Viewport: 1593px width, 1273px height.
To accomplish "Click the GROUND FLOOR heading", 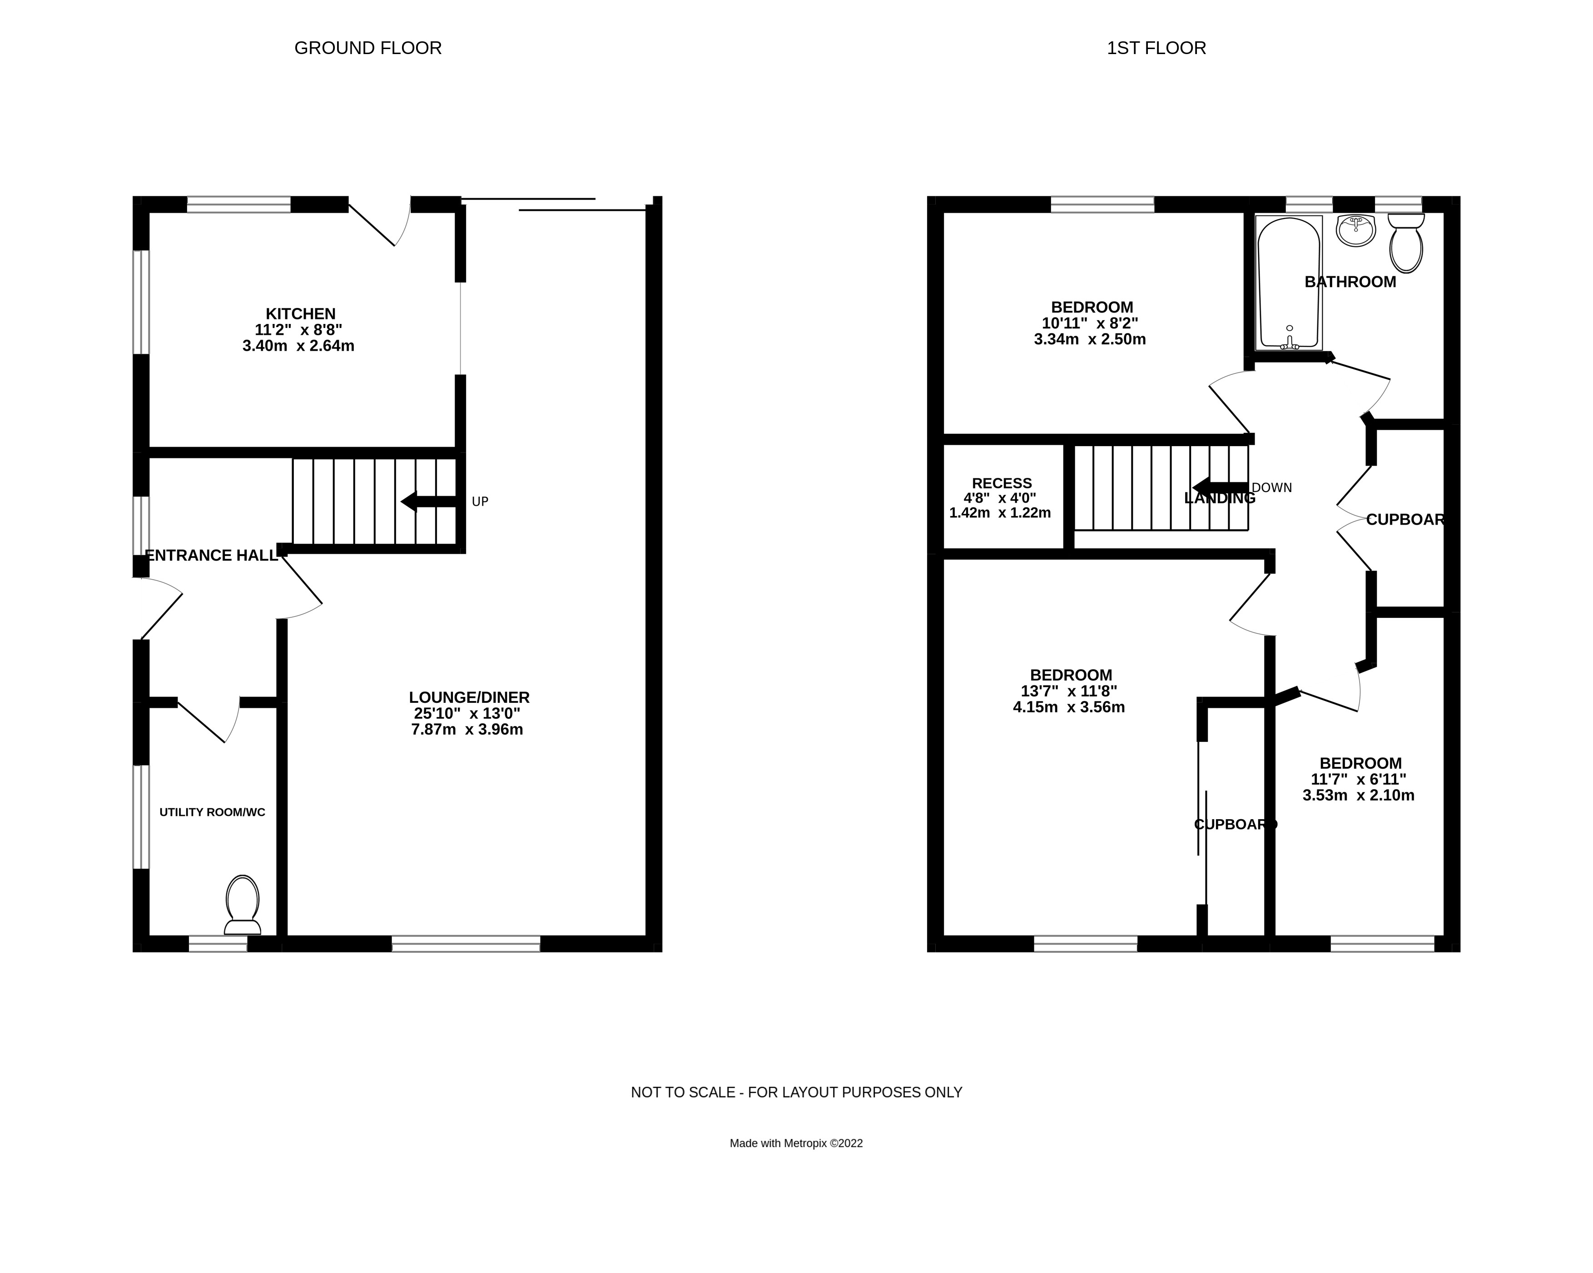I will (x=368, y=48).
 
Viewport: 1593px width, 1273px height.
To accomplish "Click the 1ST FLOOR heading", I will (x=1156, y=48).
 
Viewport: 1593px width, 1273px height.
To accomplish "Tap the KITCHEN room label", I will (x=301, y=314).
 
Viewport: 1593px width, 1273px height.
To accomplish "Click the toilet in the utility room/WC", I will (x=243, y=905).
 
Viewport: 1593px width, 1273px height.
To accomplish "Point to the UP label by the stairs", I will (x=480, y=502).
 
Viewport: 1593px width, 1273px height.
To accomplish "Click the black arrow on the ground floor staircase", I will (x=428, y=502).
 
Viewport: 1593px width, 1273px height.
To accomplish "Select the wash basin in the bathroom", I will (x=1356, y=230).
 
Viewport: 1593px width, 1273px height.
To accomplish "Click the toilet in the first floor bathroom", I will (x=1406, y=244).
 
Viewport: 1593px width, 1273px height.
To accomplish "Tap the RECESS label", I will (x=1002, y=483).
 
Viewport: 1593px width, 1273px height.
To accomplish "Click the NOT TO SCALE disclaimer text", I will (x=797, y=1092).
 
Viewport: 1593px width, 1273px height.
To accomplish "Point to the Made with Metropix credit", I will (x=797, y=1143).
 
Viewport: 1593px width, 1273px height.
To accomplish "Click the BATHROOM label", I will (x=1350, y=282).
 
